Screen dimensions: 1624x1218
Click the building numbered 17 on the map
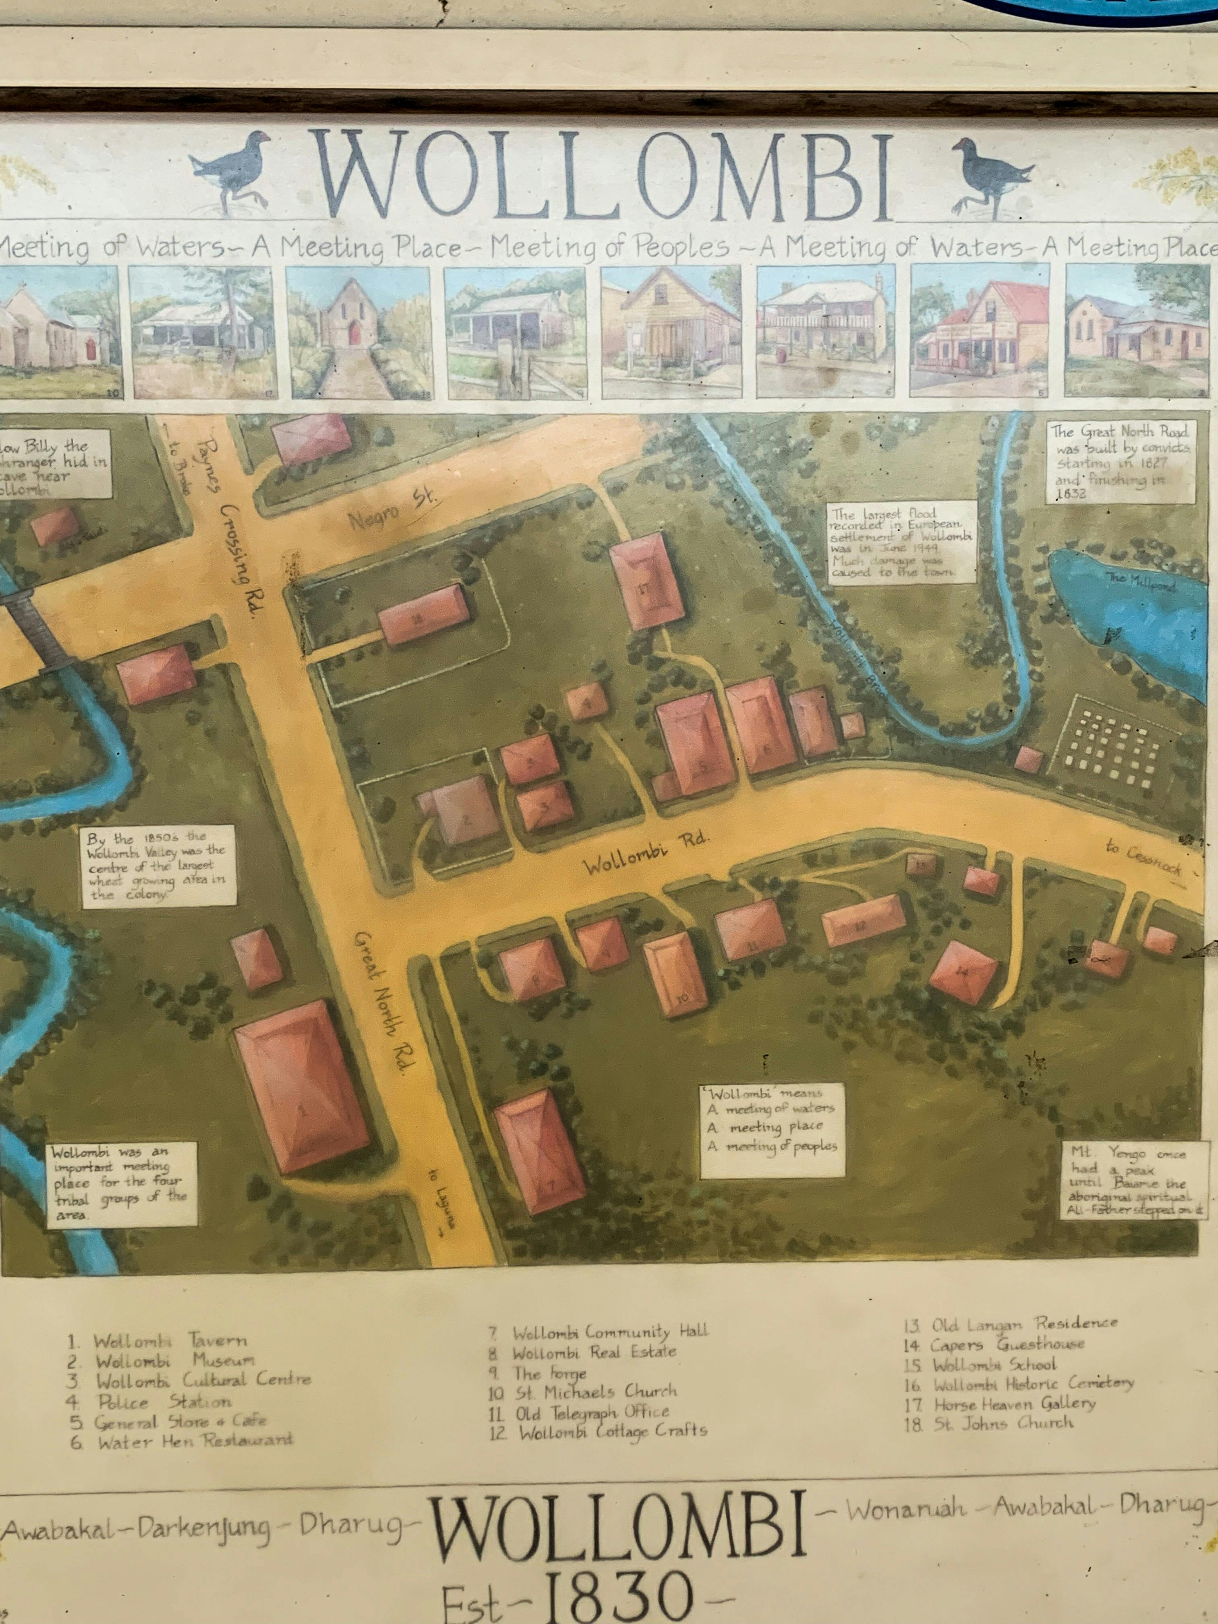point(646,580)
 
